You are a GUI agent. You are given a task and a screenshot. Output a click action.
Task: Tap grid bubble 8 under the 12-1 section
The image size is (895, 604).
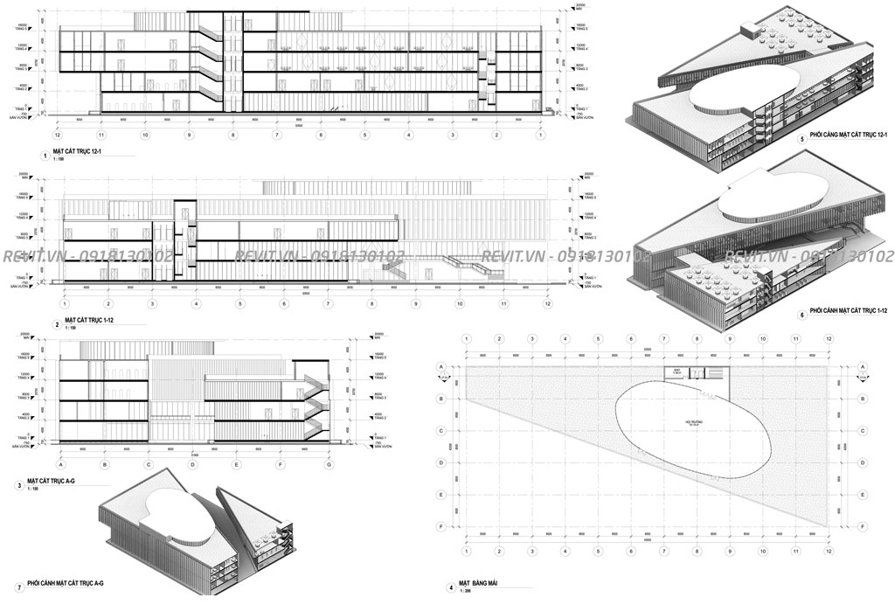(x=232, y=135)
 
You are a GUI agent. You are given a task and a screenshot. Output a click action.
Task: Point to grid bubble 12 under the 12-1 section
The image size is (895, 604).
(x=57, y=135)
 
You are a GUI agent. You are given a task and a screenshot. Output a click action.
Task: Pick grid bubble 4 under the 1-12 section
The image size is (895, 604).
(x=196, y=303)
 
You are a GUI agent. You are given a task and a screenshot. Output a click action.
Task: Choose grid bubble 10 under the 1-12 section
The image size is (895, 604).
(x=460, y=303)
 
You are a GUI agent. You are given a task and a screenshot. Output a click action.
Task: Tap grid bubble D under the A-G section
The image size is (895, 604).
(x=192, y=465)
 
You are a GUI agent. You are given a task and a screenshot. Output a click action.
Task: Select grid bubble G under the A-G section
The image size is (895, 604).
(x=329, y=465)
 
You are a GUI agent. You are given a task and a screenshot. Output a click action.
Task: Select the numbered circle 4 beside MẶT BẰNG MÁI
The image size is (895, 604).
(x=451, y=587)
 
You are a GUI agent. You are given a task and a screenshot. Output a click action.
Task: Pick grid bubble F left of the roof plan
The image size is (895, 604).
(x=442, y=527)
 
